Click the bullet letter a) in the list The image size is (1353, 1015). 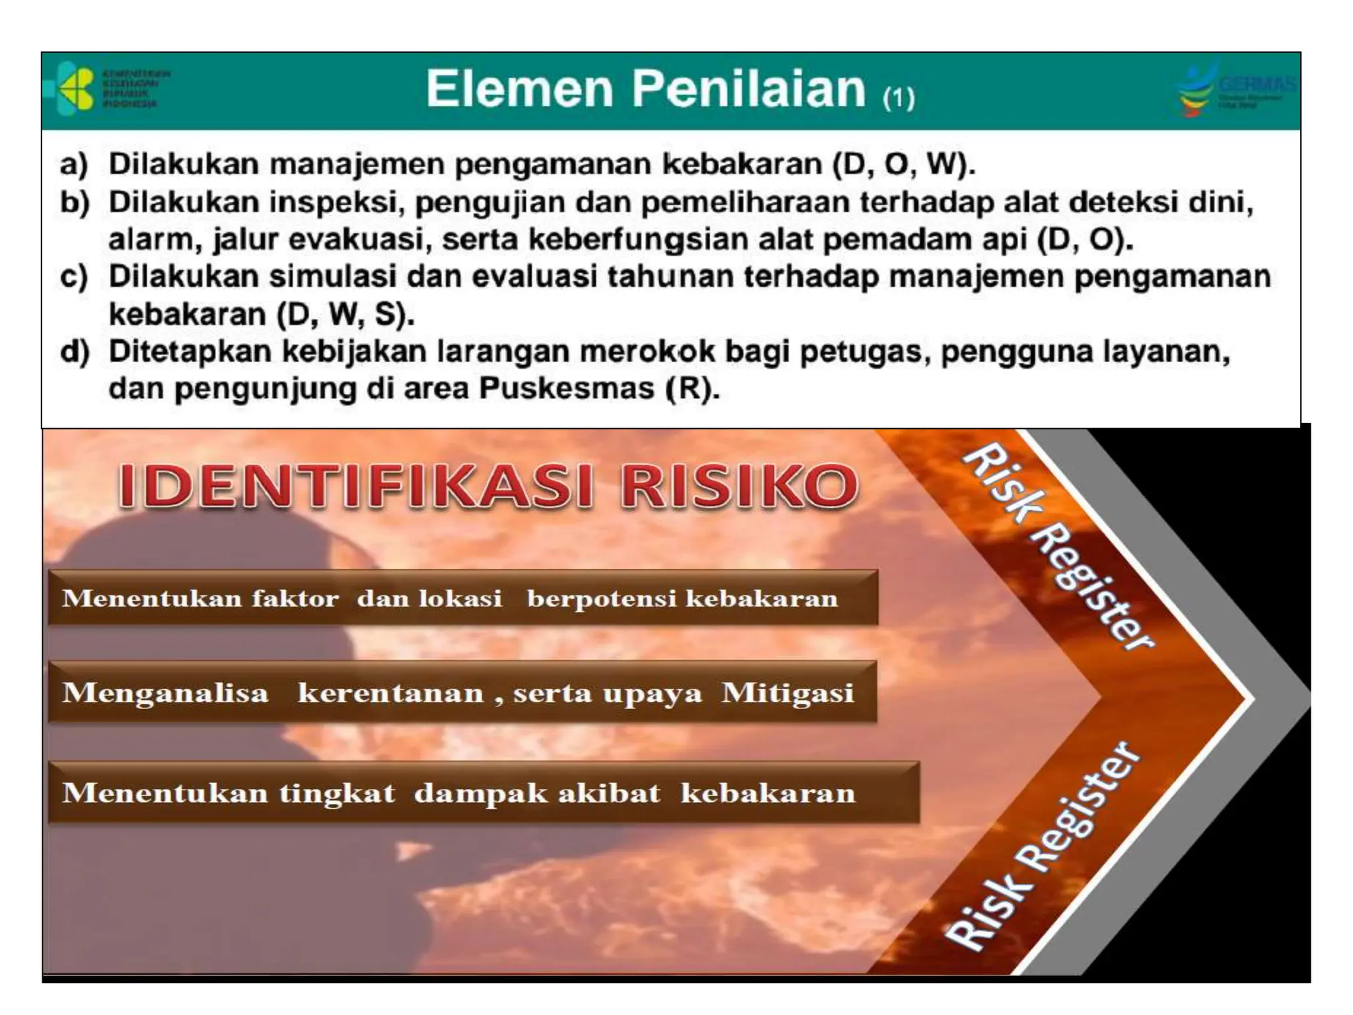73,165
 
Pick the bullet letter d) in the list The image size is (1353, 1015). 75,352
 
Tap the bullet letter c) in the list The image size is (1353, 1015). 73,277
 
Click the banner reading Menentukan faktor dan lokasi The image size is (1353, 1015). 462,598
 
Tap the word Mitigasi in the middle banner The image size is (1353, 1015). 787,693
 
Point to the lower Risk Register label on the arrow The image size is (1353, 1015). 1042,846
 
